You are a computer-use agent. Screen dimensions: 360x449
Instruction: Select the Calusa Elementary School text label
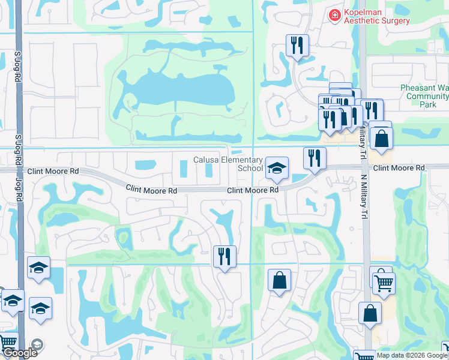228,164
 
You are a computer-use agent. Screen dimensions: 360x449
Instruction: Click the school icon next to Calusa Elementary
277,169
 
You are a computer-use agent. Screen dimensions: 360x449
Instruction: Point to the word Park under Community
427,104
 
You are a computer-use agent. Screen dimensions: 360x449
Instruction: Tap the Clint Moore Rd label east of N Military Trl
399,168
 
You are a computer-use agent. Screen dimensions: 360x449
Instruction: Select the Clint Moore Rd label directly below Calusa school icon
253,190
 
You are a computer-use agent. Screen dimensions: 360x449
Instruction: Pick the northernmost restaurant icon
297,45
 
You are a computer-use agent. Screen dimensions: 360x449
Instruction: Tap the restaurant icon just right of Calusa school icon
315,158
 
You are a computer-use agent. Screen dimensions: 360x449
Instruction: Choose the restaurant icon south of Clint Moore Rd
224,257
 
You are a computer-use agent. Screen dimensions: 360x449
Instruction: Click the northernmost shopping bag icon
381,138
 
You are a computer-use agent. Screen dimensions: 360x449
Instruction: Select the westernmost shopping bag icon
280,280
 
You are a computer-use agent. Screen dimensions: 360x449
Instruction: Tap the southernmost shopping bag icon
370,313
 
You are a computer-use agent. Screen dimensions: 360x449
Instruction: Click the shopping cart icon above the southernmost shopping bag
384,281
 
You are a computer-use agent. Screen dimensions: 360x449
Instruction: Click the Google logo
19,353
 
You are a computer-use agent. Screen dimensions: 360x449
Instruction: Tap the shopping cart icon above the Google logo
8,342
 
